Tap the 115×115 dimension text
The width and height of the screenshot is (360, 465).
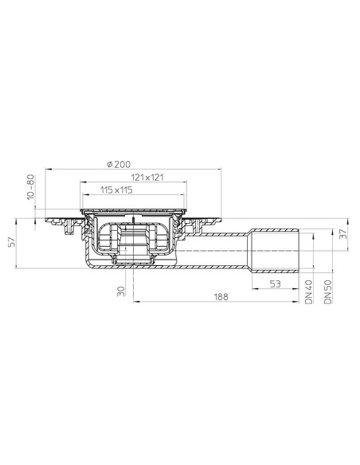tap(116, 190)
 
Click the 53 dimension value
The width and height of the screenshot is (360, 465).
tap(273, 283)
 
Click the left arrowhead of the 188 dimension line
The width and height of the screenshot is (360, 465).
tap(135, 302)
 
